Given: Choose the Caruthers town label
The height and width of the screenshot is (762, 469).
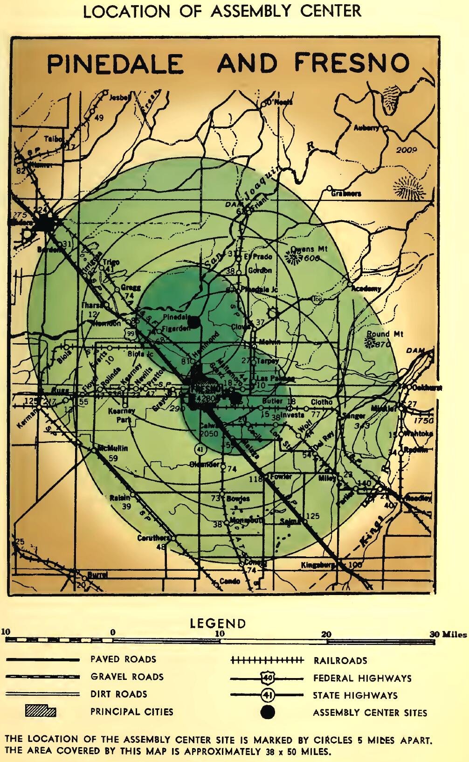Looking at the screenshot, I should coord(153,538).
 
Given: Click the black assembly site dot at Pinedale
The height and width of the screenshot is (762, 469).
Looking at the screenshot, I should coord(196,321).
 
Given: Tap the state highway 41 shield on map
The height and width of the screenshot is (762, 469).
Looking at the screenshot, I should coord(200,449).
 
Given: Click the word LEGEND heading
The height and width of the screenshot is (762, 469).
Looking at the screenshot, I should coord(218,623).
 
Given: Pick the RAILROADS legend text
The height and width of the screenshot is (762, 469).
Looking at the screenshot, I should coord(340,660).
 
